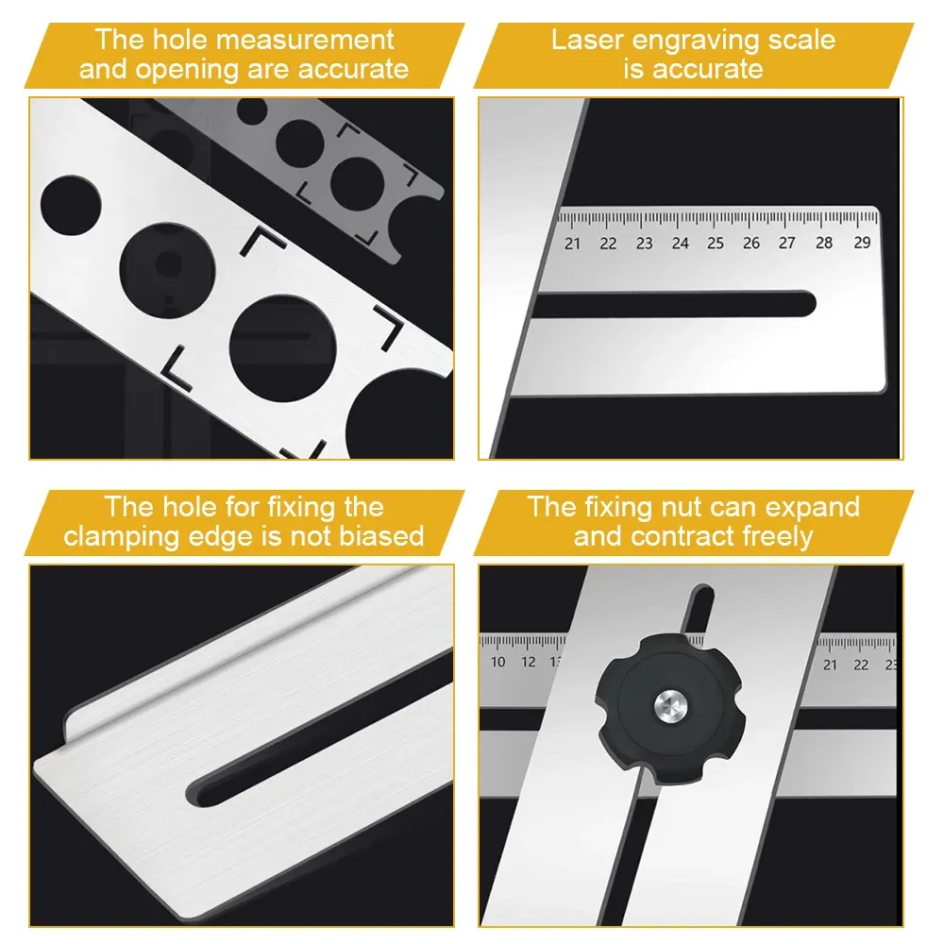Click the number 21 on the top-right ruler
tap(572, 244)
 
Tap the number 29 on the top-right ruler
tap(861, 243)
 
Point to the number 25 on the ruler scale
tap(716, 244)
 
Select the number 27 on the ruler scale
tap(787, 244)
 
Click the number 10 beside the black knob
tap(498, 663)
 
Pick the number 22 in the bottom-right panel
tap(861, 665)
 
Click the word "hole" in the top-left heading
tap(183, 41)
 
